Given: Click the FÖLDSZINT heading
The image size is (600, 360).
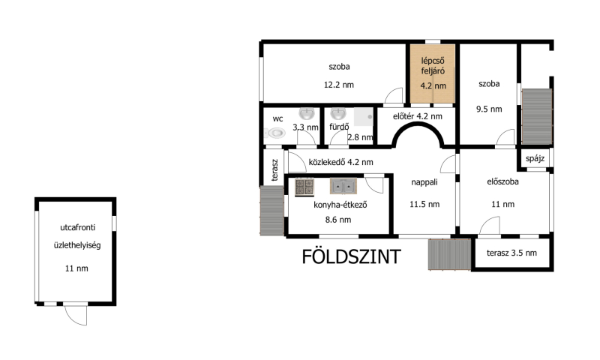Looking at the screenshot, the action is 351,256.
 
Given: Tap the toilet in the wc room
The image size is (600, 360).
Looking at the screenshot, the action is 275,133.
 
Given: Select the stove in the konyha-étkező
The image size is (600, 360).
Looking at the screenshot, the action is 304,187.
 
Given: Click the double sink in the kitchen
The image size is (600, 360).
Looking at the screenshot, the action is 343,186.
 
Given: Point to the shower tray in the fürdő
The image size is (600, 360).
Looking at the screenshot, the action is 363,117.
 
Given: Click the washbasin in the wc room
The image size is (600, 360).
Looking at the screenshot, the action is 307,113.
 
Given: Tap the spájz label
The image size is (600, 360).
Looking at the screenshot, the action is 535,158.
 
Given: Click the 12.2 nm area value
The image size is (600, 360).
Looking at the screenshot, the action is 339,85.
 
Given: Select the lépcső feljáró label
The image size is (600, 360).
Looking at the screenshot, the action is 433,66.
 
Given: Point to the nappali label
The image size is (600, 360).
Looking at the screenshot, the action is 424,182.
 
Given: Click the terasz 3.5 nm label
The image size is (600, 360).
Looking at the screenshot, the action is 511,253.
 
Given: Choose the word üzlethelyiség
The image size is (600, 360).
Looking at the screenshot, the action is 77,245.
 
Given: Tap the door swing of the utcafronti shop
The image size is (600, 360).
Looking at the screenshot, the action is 76,315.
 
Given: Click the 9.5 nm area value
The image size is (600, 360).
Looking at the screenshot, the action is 489,109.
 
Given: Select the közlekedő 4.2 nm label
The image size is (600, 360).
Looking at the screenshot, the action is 341,162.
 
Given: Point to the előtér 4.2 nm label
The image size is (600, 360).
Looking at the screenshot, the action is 418,116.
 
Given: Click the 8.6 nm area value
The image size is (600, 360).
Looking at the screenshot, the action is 338,220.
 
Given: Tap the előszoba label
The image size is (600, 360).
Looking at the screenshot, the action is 502,182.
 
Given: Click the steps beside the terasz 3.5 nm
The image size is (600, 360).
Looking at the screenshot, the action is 449,254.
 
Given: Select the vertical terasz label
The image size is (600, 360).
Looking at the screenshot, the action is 274,169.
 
